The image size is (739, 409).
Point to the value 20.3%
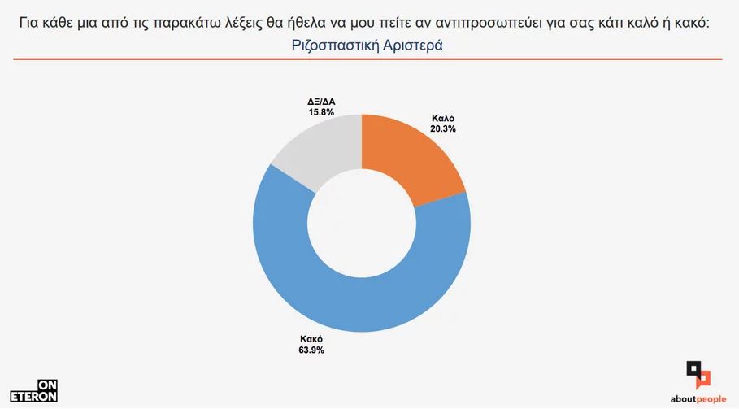tap(443, 128)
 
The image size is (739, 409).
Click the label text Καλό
tap(443, 118)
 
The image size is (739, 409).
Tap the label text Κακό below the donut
tap(300, 339)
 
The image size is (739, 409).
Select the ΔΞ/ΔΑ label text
tap(321, 101)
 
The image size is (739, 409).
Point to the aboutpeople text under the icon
tap(698, 399)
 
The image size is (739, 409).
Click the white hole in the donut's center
tap(362, 223)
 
